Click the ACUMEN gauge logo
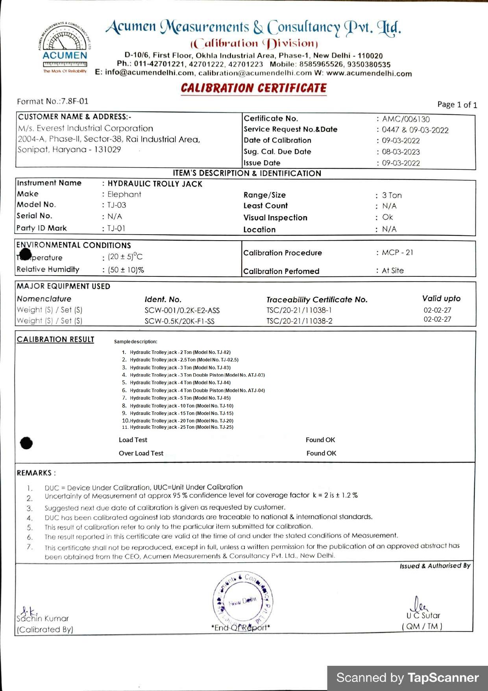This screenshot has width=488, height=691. tap(65, 47)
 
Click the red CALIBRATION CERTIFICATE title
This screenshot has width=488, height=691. tap(254, 88)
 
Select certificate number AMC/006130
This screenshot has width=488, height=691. tap(406, 119)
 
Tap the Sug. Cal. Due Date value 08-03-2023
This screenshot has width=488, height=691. tap(401, 152)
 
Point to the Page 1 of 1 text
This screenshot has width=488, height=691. tap(457, 105)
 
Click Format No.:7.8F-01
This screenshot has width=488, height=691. tap(53, 101)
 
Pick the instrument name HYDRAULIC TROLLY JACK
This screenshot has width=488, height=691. tap(155, 184)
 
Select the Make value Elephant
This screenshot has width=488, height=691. tap(124, 194)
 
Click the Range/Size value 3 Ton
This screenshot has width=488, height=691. tap(392, 195)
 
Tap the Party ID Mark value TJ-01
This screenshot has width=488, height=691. tap(116, 228)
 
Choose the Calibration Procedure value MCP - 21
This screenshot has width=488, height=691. tap(397, 252)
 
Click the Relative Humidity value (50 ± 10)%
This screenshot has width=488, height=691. tap(126, 270)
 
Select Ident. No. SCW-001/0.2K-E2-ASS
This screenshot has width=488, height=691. tap(182, 310)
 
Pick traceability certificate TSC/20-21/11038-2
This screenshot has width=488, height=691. tap(299, 321)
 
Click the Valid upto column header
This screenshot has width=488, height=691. tap(441, 298)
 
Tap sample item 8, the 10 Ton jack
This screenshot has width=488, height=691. tap(181, 406)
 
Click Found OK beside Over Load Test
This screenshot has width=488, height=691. tap(321, 453)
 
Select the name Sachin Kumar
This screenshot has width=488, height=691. tap(43, 619)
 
